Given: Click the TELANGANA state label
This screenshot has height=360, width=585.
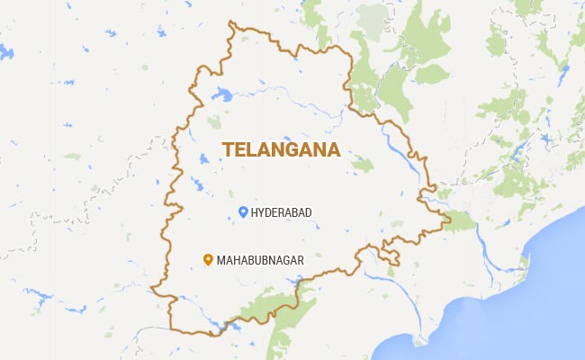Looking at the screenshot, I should coord(282,149).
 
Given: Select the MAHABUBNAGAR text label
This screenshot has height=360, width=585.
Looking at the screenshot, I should coord(259,260).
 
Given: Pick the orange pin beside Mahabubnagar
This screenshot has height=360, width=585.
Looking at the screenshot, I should coord(207,260).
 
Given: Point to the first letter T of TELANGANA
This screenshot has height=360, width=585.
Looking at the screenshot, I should coord(229,149).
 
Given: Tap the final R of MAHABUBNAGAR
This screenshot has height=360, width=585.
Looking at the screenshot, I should coord(300,260).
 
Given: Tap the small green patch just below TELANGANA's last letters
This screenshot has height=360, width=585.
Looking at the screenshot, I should coord(362,165).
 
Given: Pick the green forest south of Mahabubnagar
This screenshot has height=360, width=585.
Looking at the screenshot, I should coord(270,306).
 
